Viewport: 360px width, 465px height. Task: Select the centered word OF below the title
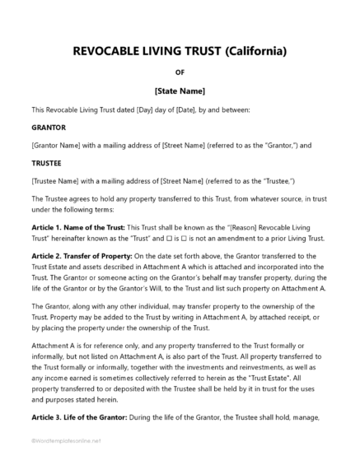pos(180,72)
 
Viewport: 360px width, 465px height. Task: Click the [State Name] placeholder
pos(180,91)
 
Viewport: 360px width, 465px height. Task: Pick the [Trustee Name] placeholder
pos(57,181)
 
